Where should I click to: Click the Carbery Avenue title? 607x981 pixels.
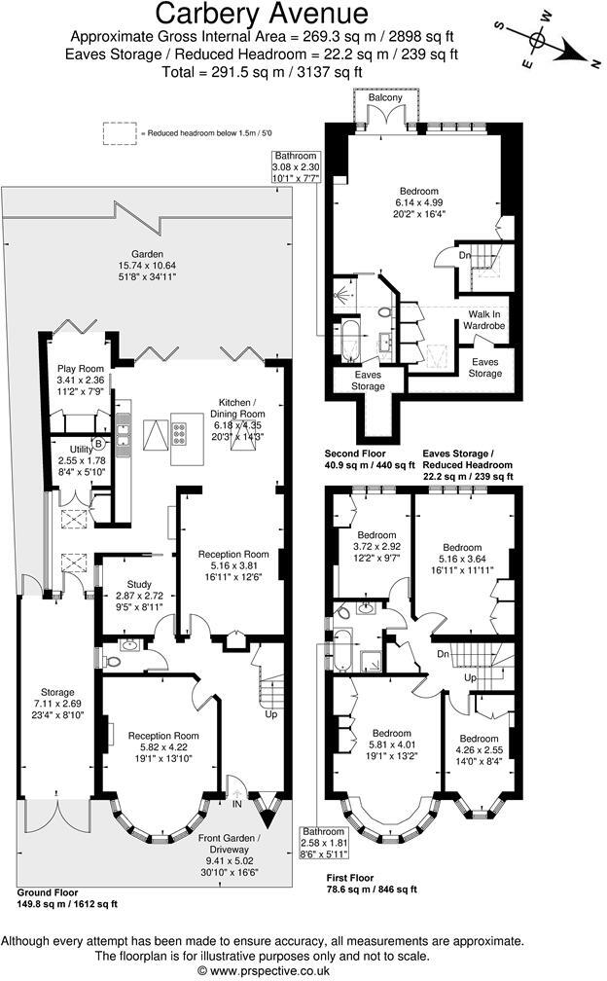[x=263, y=14]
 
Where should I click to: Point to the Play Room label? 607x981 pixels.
[x=80, y=369]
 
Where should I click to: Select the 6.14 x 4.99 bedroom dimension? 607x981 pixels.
[x=418, y=203]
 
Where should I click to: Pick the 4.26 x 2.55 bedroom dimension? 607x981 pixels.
[x=479, y=750]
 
